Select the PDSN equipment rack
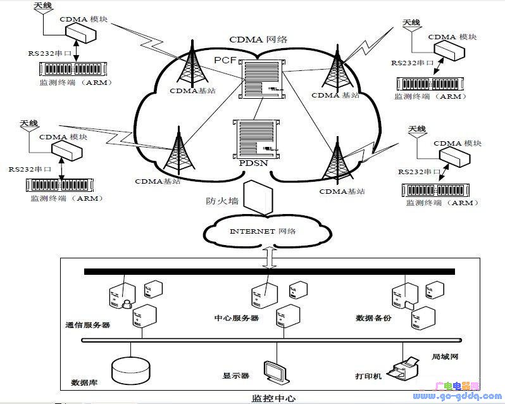point(257,138)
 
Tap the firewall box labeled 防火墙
point(258,198)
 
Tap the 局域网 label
point(444,357)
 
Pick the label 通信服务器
point(88,325)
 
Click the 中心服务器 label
point(237,318)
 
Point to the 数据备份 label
point(373,318)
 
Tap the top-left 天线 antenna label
point(44,6)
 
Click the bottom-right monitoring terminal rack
point(438,190)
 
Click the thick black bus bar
point(269,272)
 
